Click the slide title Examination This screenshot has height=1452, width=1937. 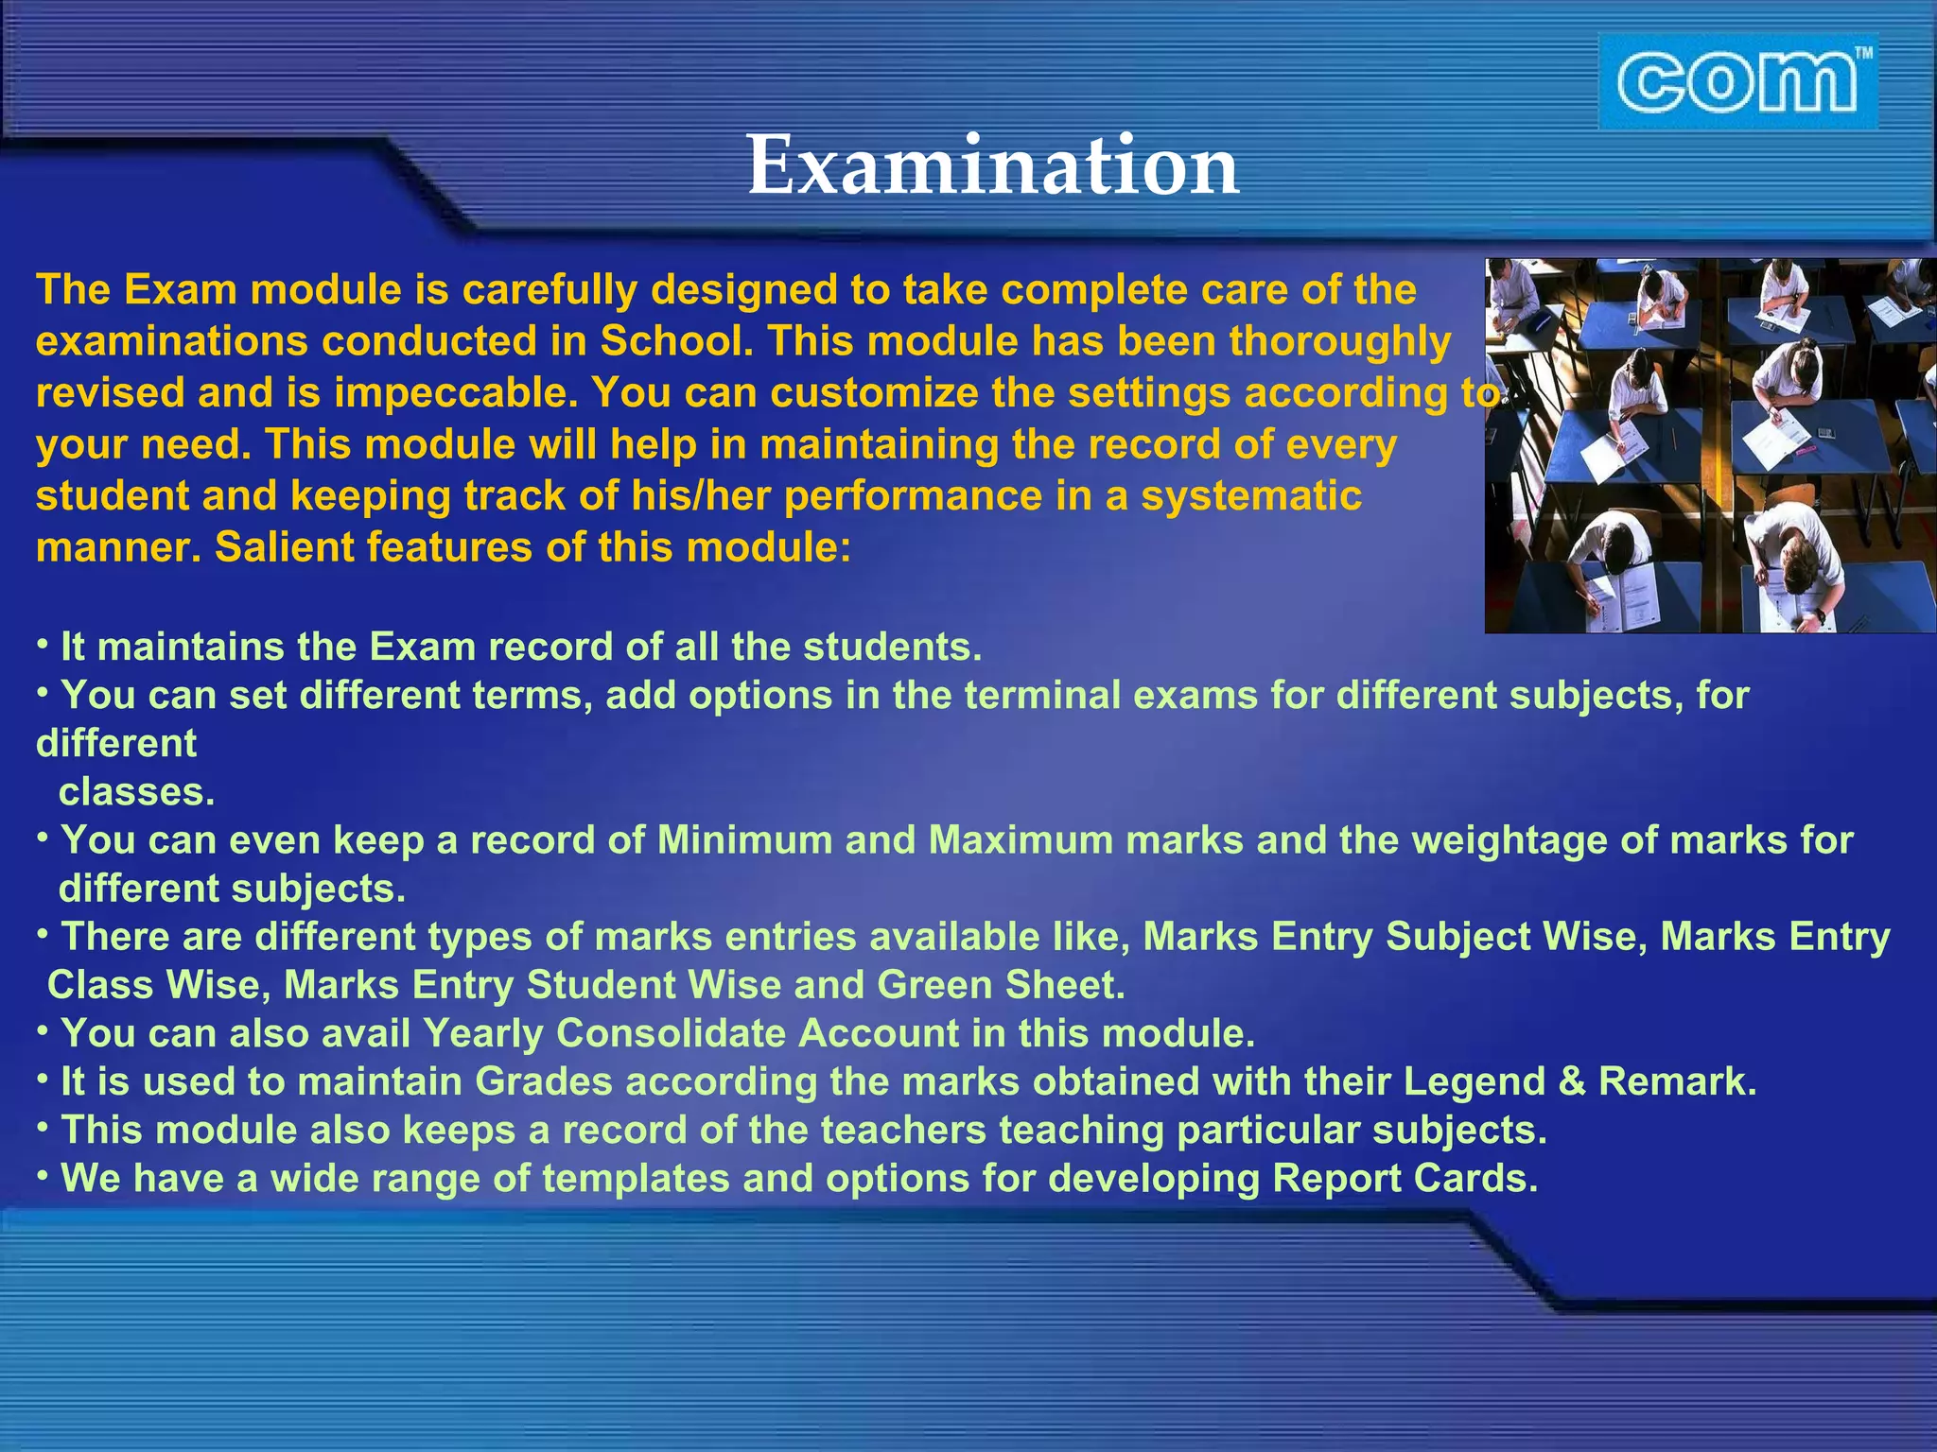(992, 165)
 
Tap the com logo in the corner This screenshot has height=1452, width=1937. (1736, 82)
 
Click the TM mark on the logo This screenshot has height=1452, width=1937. (1862, 55)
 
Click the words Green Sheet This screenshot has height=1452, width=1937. (1001, 985)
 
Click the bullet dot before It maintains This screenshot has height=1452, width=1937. (43, 643)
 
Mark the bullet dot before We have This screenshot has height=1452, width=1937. (43, 1175)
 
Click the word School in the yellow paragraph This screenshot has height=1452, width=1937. (676, 341)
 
